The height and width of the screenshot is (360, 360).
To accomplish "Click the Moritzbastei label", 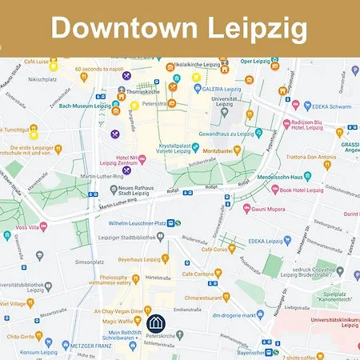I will pyautogui.click(x=224, y=150).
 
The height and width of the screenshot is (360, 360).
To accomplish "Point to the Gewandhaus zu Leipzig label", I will pyautogui.click(x=231, y=134).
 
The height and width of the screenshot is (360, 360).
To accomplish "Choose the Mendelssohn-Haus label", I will pyautogui.click(x=284, y=176).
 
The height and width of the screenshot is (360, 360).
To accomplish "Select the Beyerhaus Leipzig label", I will pyautogui.click(x=140, y=259).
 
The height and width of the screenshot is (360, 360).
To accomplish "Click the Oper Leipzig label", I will pyautogui.click(x=257, y=61).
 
